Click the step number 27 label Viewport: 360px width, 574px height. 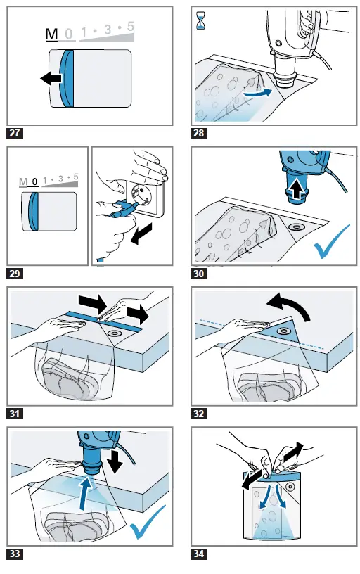coord(15,132)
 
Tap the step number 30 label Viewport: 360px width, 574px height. coord(199,273)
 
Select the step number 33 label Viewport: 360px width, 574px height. coord(15,553)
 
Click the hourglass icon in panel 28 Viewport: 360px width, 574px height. coord(201,20)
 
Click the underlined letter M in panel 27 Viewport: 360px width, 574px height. coord(51,34)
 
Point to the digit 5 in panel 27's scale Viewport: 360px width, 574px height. coord(130,26)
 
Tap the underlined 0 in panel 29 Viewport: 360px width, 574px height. coord(34,181)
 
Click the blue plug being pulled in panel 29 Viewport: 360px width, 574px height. coord(123,210)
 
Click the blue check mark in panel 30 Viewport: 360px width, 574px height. coord(331,241)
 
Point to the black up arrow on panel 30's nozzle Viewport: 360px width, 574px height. coord(297,190)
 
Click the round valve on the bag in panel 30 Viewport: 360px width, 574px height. coord(296,227)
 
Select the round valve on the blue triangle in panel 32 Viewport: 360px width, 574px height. coord(283,331)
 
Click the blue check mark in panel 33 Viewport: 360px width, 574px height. coord(148,522)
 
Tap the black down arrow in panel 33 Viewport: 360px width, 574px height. coord(117,462)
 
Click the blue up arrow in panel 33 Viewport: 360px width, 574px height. coord(86,492)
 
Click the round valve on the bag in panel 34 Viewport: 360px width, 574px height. coord(290,487)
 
